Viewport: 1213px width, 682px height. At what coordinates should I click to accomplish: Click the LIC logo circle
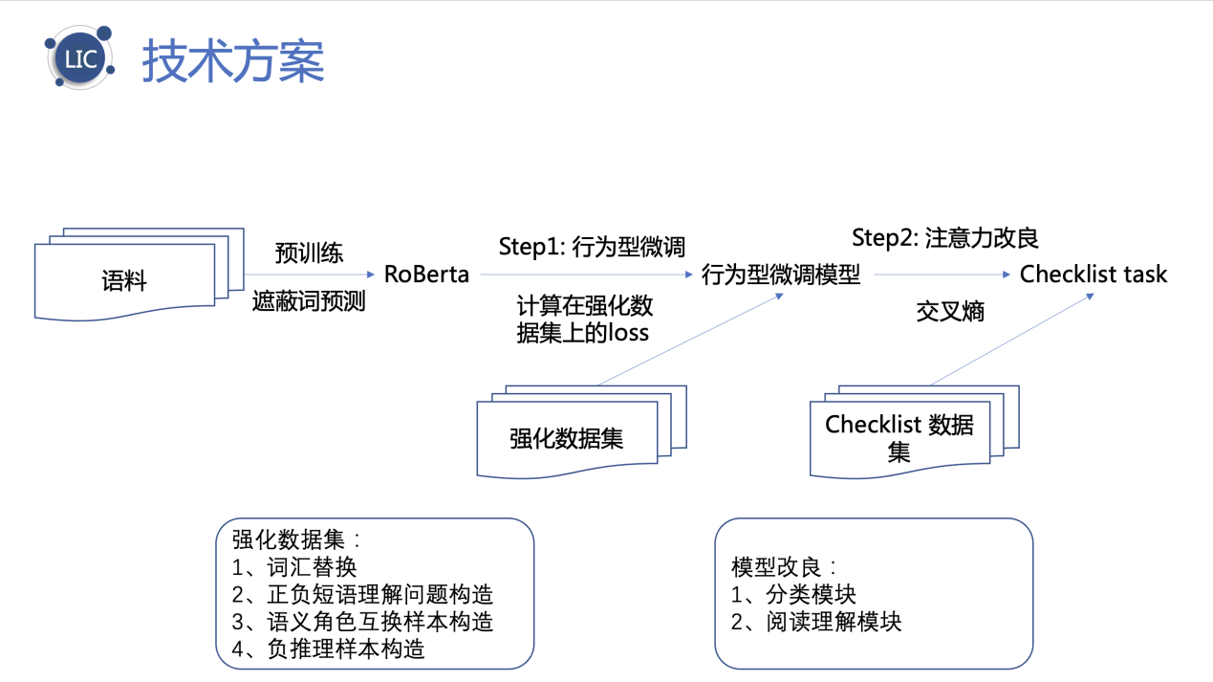[80, 58]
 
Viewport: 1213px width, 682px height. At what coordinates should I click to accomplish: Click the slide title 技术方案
[233, 61]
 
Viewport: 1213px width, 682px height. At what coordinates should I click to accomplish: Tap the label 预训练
[309, 253]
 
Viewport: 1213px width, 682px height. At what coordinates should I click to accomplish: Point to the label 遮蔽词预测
[309, 302]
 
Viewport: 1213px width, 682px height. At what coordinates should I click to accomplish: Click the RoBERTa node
[426, 275]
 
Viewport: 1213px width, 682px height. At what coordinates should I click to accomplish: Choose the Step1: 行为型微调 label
[592, 246]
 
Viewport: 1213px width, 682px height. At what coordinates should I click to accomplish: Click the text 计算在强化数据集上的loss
[583, 319]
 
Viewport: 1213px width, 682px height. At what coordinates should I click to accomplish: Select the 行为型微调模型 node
[781, 275]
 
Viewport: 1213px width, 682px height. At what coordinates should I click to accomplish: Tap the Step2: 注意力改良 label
[944, 238]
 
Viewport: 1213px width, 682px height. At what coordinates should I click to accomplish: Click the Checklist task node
[1094, 275]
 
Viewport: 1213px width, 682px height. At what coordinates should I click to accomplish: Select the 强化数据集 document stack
[568, 438]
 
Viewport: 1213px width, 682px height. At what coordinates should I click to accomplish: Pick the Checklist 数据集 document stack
[899, 437]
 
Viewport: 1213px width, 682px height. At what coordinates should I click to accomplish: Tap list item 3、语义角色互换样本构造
[362, 622]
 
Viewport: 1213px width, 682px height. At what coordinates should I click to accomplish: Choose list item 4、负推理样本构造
[328, 649]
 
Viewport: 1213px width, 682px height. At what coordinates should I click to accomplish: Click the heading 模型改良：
[784, 566]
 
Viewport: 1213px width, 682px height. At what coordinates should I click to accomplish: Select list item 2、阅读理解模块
[816, 622]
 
